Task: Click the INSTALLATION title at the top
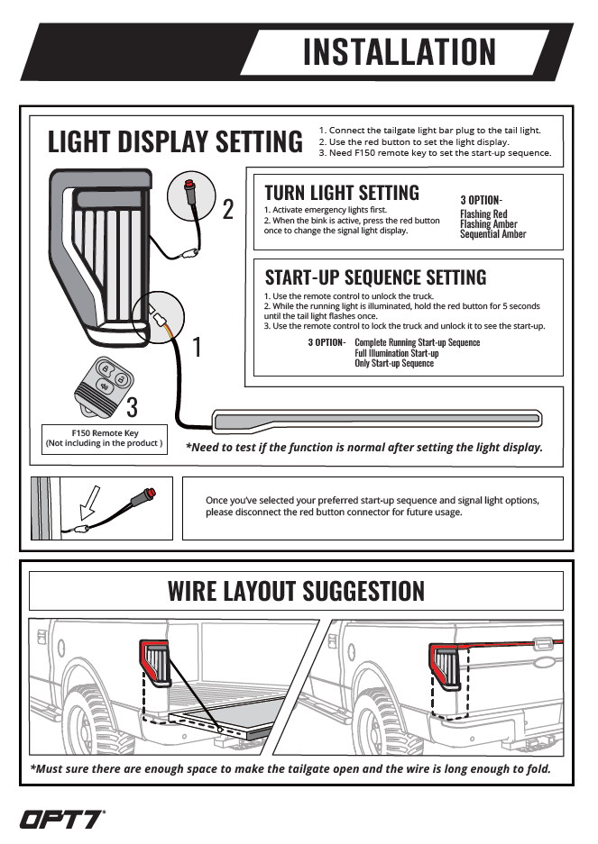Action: point(399,51)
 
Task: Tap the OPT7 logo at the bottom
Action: point(62,819)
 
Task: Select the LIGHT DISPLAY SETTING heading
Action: point(175,142)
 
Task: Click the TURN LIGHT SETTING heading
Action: point(341,192)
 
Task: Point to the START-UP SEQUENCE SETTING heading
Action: point(375,277)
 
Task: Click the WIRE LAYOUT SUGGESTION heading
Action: point(296,591)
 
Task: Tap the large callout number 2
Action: point(228,210)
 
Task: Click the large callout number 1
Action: point(197,346)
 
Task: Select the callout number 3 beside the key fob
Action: point(132,407)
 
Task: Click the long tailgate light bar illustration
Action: point(376,419)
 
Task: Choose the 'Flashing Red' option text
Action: point(483,214)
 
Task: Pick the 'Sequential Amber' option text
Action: point(492,234)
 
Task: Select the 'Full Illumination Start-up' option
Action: point(397,353)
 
